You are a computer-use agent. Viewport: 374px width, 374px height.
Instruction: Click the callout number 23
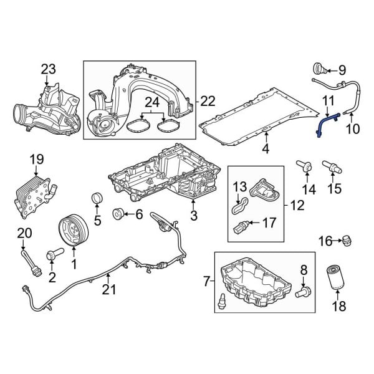point(49,69)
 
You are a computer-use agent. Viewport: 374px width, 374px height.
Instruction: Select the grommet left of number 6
point(118,215)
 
